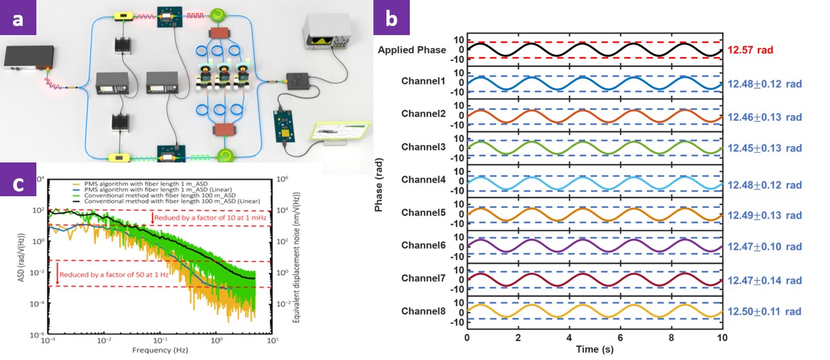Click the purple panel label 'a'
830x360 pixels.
click(x=18, y=18)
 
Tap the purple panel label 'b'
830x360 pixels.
click(x=392, y=18)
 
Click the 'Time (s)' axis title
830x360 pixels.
click(x=594, y=350)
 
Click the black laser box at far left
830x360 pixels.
click(x=27, y=57)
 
